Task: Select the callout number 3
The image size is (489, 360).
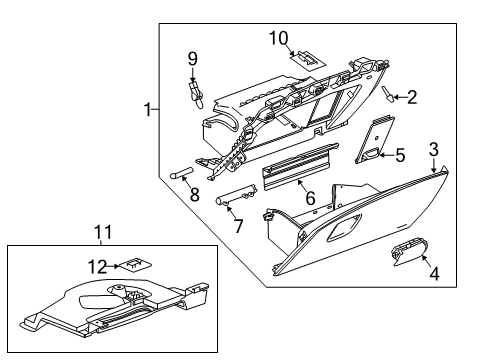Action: pos(434,150)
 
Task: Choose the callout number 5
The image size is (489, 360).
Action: pos(399,155)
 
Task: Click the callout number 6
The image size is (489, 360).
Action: pos(311,198)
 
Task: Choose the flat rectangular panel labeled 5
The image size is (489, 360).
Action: pos(374,138)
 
